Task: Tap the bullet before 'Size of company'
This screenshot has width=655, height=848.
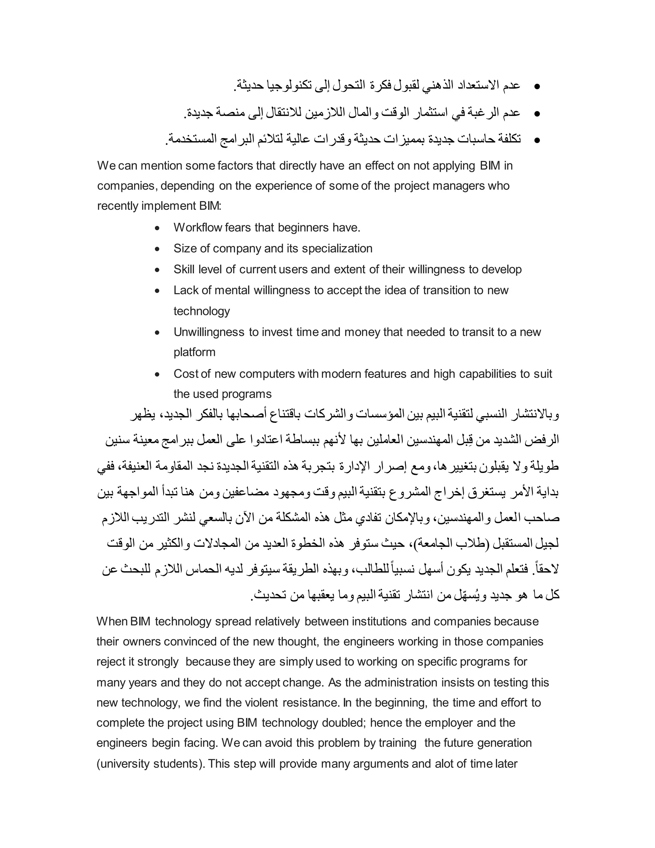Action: click(157, 249)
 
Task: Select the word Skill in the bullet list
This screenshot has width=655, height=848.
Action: click(184, 269)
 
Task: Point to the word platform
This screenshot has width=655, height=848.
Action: click(194, 353)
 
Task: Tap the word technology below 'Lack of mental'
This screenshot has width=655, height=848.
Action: click(201, 311)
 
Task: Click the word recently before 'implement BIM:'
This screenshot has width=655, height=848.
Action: click(118, 206)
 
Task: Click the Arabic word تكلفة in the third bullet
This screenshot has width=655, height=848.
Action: click(508, 139)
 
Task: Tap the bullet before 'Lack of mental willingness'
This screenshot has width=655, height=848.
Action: click(157, 291)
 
